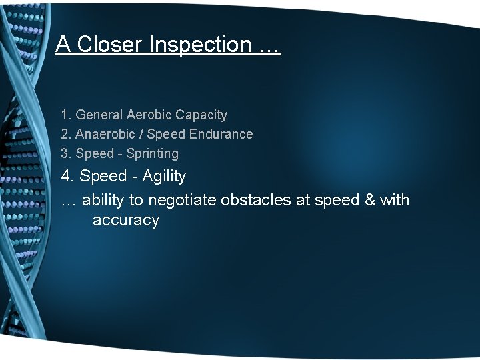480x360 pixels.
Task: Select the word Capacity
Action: [x=201, y=115]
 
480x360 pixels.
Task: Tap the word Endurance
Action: [x=221, y=134]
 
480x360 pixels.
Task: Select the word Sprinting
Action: [x=153, y=153]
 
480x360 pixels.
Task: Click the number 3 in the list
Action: [x=65, y=153]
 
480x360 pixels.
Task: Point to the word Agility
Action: [x=164, y=177]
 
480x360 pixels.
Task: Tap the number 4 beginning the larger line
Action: [x=65, y=177]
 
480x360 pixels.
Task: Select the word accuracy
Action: [x=125, y=221]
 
